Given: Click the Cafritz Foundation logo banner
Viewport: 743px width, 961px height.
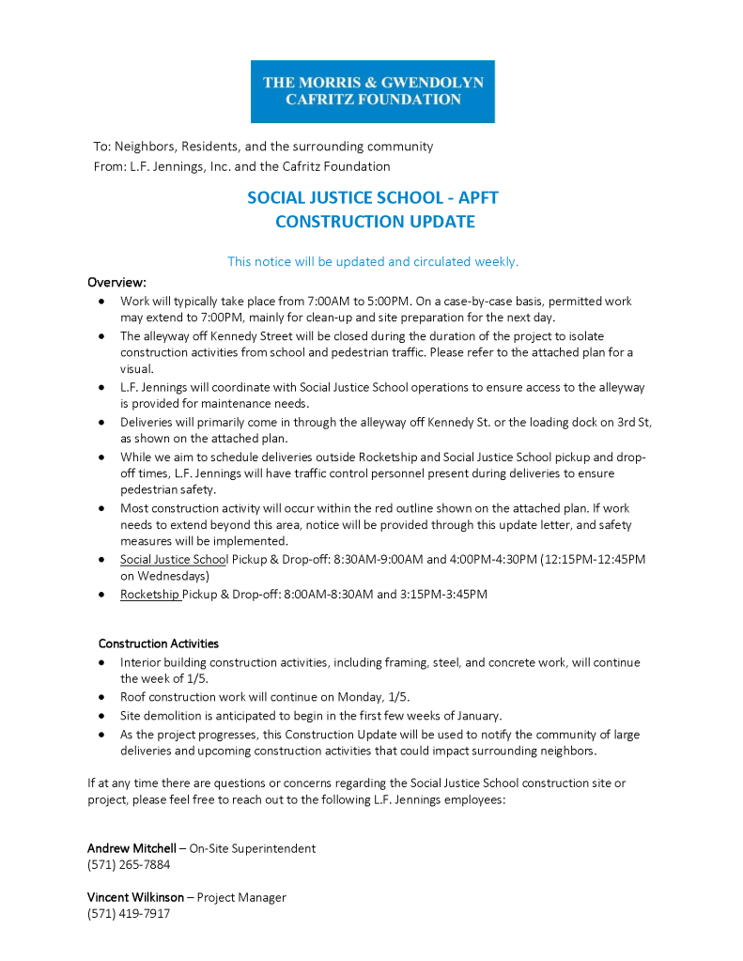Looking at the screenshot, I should point(372,91).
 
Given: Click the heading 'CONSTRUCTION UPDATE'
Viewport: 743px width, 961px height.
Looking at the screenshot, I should point(375,223).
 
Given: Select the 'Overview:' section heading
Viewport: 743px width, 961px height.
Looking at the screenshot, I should point(117,282).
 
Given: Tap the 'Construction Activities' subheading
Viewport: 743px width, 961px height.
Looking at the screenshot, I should point(159,643).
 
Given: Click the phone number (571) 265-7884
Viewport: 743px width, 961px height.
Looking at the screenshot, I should point(129,864).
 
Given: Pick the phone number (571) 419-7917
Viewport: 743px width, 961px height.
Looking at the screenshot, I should point(129,913).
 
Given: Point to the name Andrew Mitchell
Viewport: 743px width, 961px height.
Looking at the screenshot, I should point(132,848).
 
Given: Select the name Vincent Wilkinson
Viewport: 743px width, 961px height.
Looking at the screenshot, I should point(135,897).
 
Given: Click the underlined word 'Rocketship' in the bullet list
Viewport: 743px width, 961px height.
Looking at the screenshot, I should point(149,595).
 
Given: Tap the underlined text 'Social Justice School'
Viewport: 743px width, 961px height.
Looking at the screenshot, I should point(174,560).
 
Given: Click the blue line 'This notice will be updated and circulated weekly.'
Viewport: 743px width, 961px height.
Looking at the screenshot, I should point(373,262).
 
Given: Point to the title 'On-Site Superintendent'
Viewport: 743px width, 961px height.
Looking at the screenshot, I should point(253,848).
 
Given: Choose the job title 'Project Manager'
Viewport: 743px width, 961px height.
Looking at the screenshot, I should point(241,897).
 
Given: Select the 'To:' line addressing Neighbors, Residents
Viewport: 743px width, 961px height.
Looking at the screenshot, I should point(263,147).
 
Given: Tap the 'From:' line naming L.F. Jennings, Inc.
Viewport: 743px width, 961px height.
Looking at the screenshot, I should point(241,166).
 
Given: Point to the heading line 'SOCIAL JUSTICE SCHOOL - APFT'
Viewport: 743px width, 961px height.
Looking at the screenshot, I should point(373,198).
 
